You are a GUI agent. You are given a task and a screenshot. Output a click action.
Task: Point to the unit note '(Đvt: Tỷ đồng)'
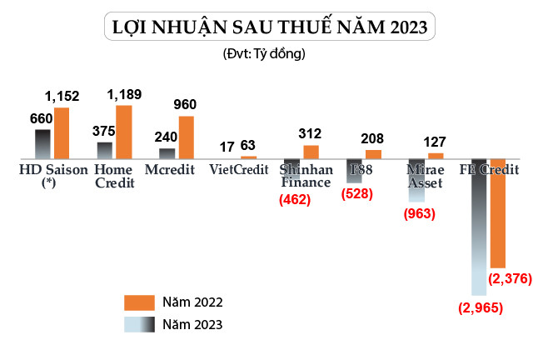click(x=265, y=54)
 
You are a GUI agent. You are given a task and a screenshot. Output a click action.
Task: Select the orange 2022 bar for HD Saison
click(x=62, y=133)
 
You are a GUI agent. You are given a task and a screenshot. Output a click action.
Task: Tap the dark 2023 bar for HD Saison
click(x=42, y=144)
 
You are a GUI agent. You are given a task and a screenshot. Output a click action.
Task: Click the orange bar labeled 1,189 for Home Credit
click(x=123, y=132)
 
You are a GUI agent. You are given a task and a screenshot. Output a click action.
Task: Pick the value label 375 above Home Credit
click(x=104, y=132)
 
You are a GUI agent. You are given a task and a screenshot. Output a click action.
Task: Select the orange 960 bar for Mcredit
click(x=186, y=137)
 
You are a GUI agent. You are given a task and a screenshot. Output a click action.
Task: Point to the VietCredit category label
click(x=232, y=170)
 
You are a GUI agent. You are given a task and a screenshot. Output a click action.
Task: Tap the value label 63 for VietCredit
click(x=248, y=146)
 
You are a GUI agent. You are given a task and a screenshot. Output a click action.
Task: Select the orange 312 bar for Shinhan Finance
click(x=311, y=152)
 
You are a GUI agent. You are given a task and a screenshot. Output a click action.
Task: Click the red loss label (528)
click(x=356, y=193)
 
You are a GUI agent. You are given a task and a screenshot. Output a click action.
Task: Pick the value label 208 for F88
click(x=374, y=138)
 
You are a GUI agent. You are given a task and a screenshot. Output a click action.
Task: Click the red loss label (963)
click(x=419, y=213)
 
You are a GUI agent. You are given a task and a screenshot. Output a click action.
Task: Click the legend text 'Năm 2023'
click(x=192, y=324)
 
